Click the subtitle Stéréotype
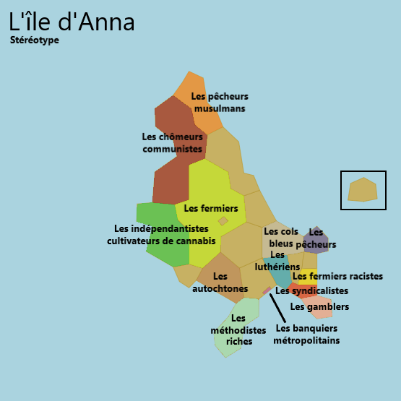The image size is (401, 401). pos(35,40)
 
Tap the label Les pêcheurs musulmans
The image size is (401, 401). pos(220,102)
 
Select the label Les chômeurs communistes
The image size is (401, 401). pos(172,142)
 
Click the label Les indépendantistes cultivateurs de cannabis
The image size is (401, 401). pos(161,234)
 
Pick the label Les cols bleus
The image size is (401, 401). pos(281,237)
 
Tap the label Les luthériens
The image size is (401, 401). pos(277,260)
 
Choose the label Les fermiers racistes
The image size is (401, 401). pos(337,276)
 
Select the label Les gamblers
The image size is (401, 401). pos(319,306)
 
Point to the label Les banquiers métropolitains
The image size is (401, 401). pos(306,334)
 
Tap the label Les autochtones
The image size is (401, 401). pos(220,283)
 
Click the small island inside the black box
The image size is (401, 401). pos(363,190)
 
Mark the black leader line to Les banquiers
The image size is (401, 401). pos(276,305)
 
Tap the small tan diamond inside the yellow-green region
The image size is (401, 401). pos(223,221)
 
